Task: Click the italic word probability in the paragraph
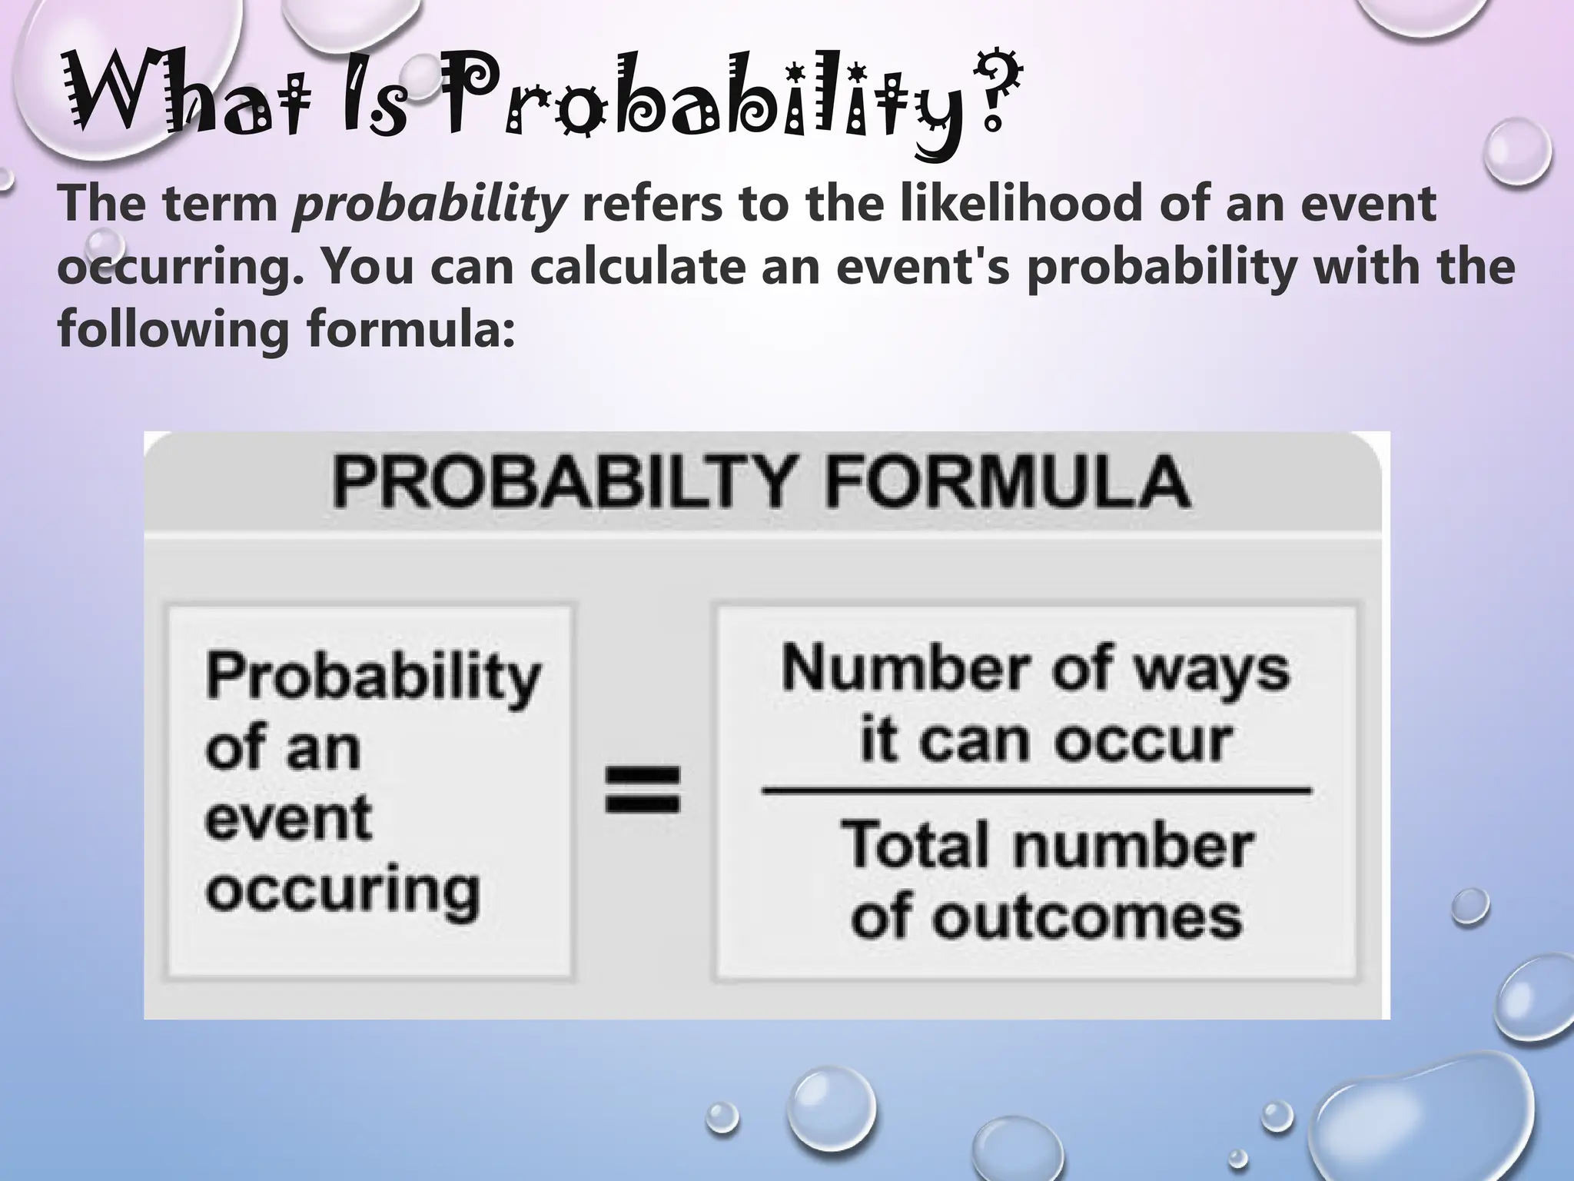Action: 430,205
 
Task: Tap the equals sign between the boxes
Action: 643,789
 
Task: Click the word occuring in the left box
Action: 343,892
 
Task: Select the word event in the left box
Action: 288,818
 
